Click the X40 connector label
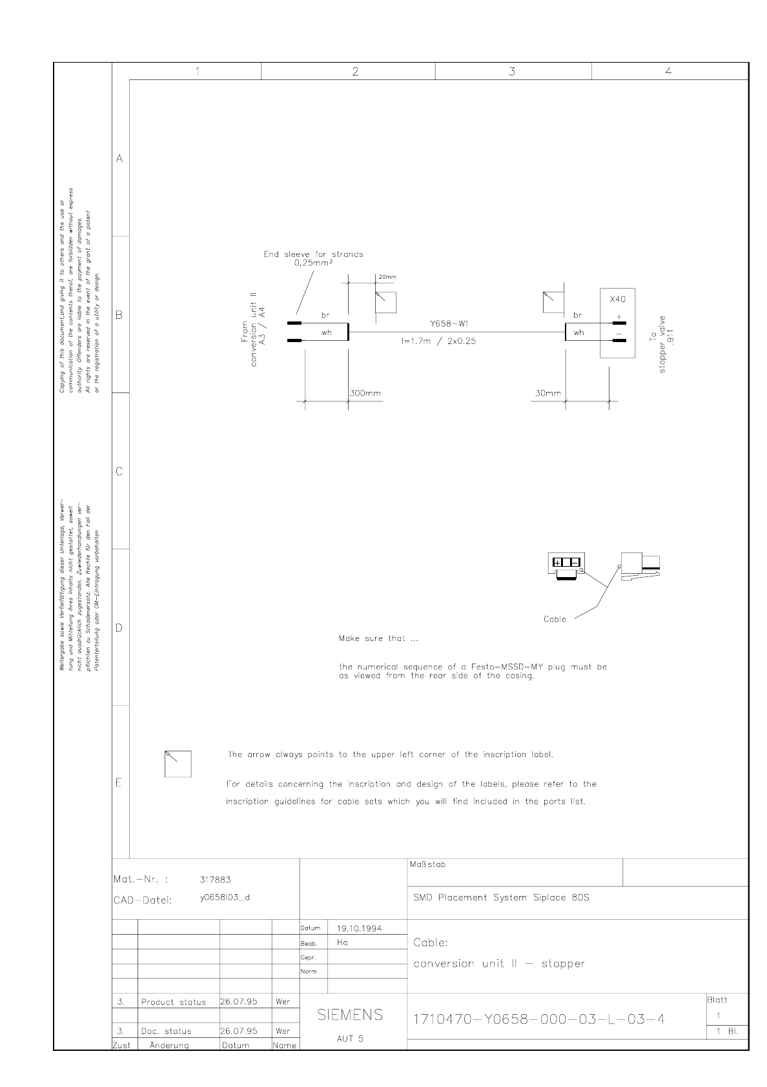tap(617, 300)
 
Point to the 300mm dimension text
tap(365, 393)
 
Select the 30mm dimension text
tap(547, 393)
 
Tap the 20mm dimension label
tap(387, 277)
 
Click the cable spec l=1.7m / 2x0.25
tap(438, 341)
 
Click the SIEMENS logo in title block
tap(351, 1015)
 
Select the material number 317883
tap(216, 879)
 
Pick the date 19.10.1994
tap(360, 928)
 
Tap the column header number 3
tap(512, 72)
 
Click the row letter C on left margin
tap(119, 472)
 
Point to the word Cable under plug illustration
tap(555, 619)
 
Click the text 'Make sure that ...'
tap(378, 638)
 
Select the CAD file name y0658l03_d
tap(225, 897)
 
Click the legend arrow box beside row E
tap(178, 764)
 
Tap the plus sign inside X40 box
tap(618, 316)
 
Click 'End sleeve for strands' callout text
tap(313, 254)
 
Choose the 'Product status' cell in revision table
tap(173, 1002)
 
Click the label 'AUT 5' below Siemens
tap(350, 1039)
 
